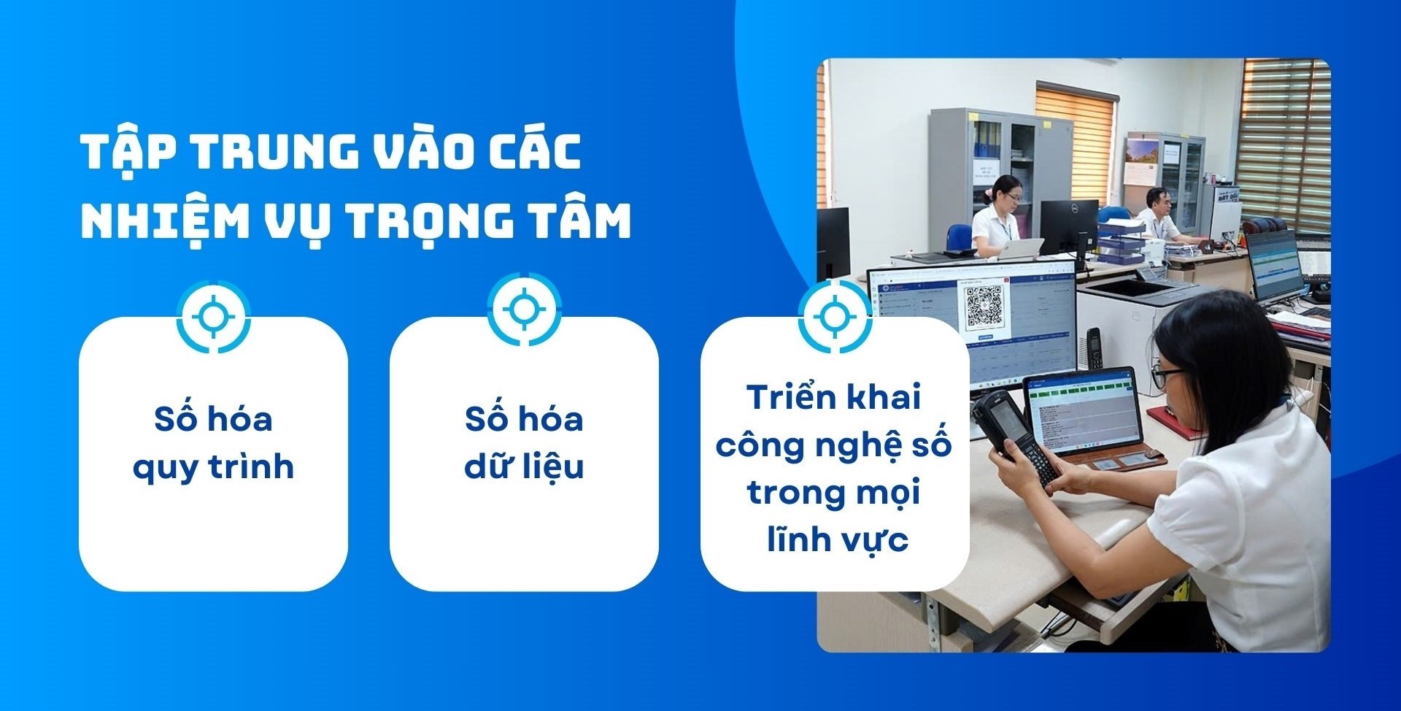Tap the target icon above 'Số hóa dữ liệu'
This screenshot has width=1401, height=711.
tap(524, 310)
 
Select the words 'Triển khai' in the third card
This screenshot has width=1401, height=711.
tap(834, 398)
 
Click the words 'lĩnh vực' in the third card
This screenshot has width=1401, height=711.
tap(837, 540)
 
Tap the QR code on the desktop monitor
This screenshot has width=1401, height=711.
tap(984, 307)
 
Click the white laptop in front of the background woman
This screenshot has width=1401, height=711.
tap(1019, 248)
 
